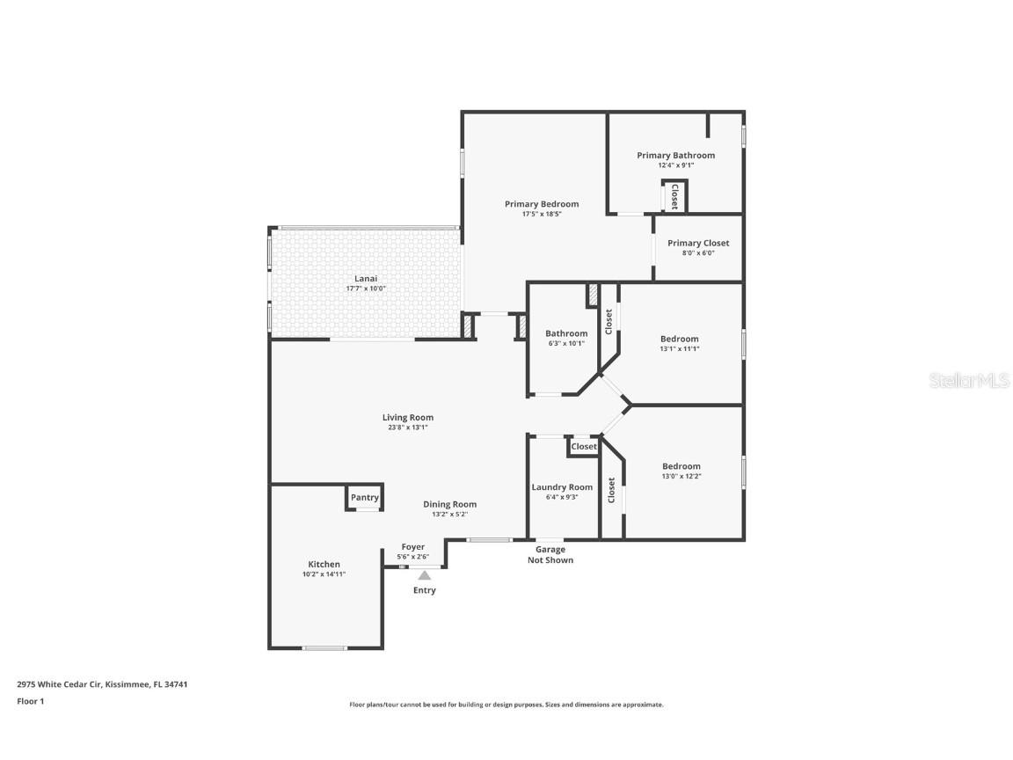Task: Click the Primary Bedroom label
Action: [542, 204]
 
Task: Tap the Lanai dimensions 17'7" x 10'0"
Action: [365, 289]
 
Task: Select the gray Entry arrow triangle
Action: [424, 574]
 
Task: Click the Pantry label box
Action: [364, 498]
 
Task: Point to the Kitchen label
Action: [324, 565]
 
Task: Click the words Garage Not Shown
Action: [550, 555]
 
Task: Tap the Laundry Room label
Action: [562, 487]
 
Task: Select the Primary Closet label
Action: [698, 244]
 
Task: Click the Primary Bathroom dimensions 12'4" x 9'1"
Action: [676, 165]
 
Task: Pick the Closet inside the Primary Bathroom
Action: [674, 195]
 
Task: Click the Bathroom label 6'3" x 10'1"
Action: [565, 344]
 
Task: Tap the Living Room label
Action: [408, 418]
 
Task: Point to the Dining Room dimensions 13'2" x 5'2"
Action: [449, 515]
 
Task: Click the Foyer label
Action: [413, 547]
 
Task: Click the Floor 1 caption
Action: [30, 702]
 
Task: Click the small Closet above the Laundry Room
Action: [584, 447]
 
